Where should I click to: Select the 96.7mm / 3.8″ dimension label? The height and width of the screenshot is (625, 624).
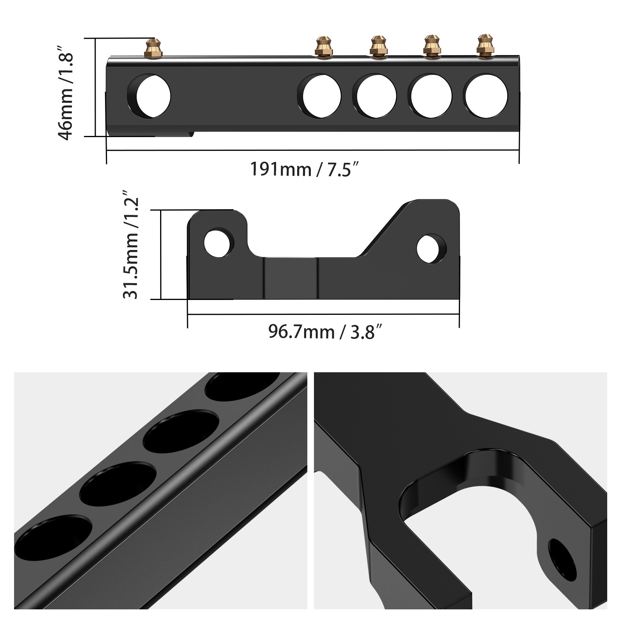[324, 332]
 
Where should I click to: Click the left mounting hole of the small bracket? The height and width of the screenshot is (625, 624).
[217, 243]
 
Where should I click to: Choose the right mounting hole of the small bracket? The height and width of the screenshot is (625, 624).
[431, 249]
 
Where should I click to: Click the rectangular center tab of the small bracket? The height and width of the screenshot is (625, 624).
[291, 278]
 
